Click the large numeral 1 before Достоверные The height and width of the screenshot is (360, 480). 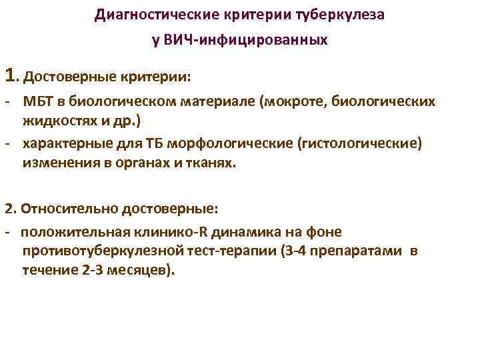pyautogui.click(x=9, y=75)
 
